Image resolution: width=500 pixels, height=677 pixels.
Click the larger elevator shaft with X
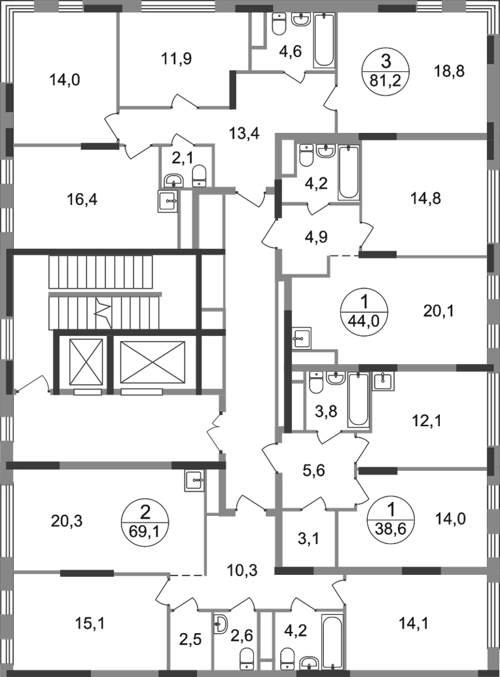tap(151, 361)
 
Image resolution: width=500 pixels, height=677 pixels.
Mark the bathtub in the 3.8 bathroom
tap(357, 400)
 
